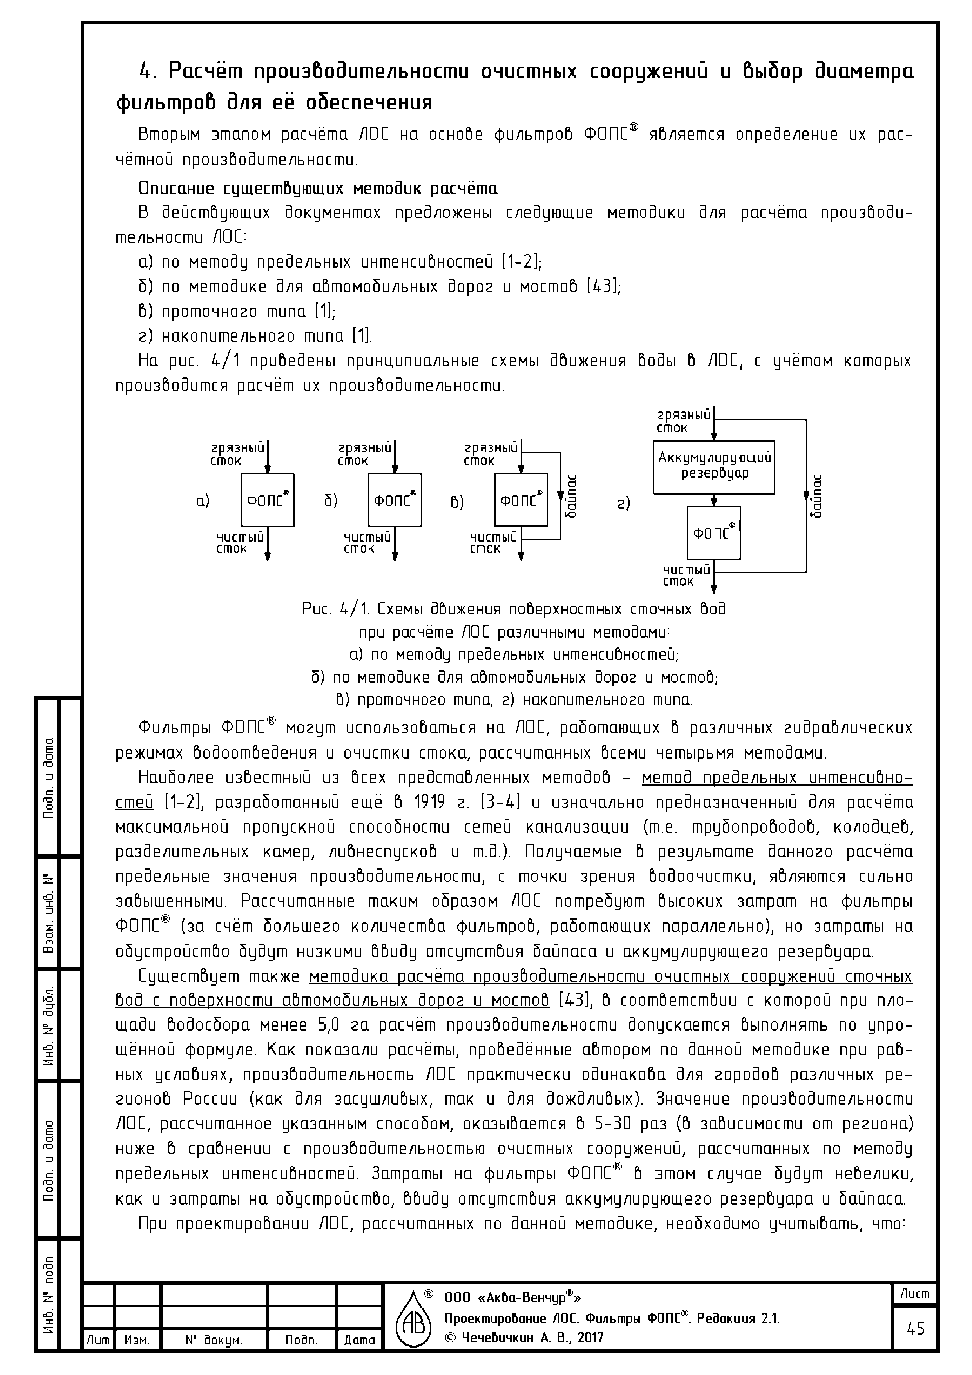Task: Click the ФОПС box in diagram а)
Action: point(268,500)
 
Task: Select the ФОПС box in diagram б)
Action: point(395,500)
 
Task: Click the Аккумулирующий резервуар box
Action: point(714,467)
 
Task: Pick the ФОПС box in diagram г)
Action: point(714,533)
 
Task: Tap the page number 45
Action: point(916,1329)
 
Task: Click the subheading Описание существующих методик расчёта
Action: point(317,188)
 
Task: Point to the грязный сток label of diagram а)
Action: point(238,454)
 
